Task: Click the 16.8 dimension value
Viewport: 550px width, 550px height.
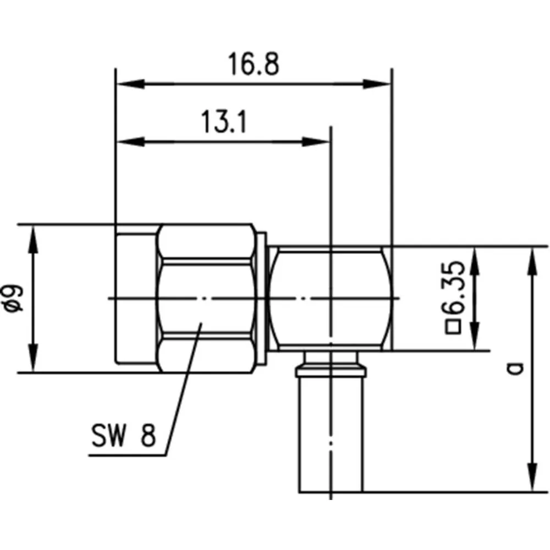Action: point(254,64)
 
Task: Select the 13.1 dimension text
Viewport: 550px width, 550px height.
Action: point(223,122)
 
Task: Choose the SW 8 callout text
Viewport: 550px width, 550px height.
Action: point(123,435)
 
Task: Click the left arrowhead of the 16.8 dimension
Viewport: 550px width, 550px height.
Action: point(130,84)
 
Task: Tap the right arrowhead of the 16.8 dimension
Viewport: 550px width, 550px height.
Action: point(377,84)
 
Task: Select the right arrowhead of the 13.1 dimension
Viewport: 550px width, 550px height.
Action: point(316,142)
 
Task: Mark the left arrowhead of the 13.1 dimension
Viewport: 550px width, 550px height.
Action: point(130,142)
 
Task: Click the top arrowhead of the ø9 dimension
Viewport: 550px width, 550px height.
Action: point(33,239)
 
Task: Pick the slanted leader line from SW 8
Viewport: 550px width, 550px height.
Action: point(183,389)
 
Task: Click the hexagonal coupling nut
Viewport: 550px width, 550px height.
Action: point(207,298)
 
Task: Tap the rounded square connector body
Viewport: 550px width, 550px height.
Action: point(331,299)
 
